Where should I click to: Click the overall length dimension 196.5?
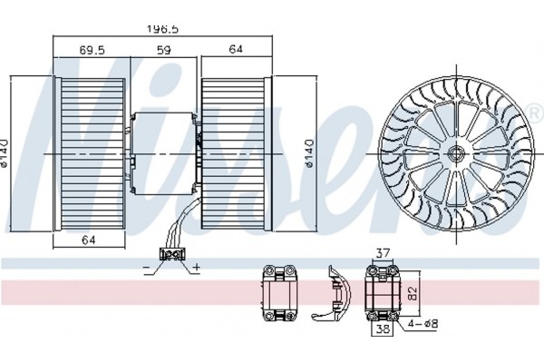pyautogui.click(x=162, y=29)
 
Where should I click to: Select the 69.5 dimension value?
pyautogui.click(x=92, y=50)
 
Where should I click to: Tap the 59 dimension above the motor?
pyautogui.click(x=164, y=50)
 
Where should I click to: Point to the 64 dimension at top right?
pyautogui.click(x=236, y=49)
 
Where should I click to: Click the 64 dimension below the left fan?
pyautogui.click(x=89, y=240)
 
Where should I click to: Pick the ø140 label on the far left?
pyautogui.click(x=4, y=153)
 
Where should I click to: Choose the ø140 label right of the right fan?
pyautogui.click(x=310, y=153)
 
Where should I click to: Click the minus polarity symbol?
pyautogui.click(x=146, y=268)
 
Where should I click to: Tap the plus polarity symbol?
pyautogui.click(x=197, y=267)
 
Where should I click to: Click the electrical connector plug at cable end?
pyautogui.click(x=171, y=255)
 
